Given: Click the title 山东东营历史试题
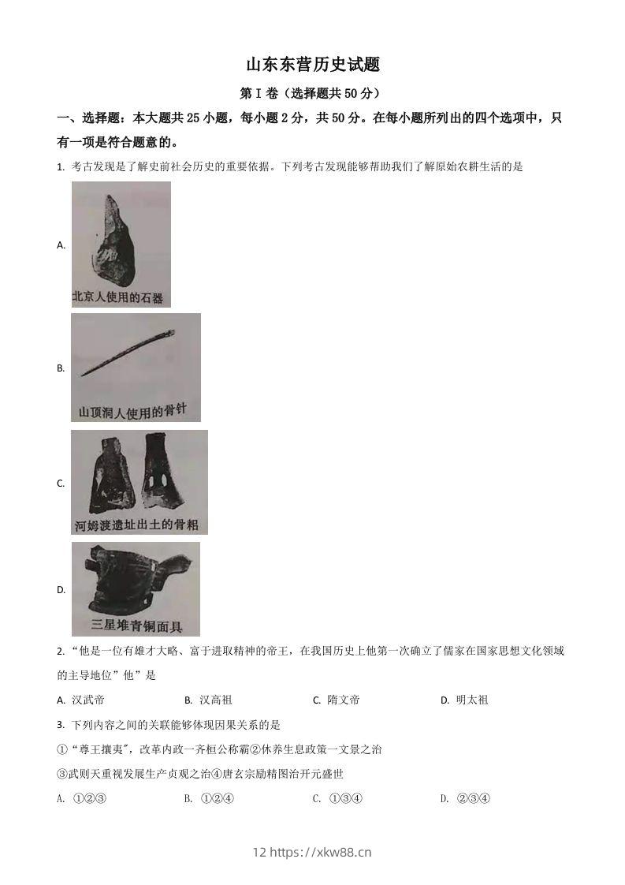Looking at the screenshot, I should [x=313, y=64].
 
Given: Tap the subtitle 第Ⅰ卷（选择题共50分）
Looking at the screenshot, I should [x=313, y=93].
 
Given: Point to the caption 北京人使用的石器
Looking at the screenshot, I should [x=117, y=297].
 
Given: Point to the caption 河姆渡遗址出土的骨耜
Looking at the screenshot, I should [x=138, y=525].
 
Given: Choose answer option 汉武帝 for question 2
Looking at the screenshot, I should [x=87, y=700].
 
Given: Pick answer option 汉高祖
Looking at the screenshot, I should [x=215, y=700].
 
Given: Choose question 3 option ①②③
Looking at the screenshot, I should [x=89, y=798].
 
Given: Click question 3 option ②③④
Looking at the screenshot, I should [x=473, y=798].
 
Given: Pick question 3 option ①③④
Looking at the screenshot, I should [x=344, y=798].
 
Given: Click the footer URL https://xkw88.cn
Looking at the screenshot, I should [x=321, y=852].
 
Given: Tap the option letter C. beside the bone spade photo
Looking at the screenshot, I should [x=61, y=484].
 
